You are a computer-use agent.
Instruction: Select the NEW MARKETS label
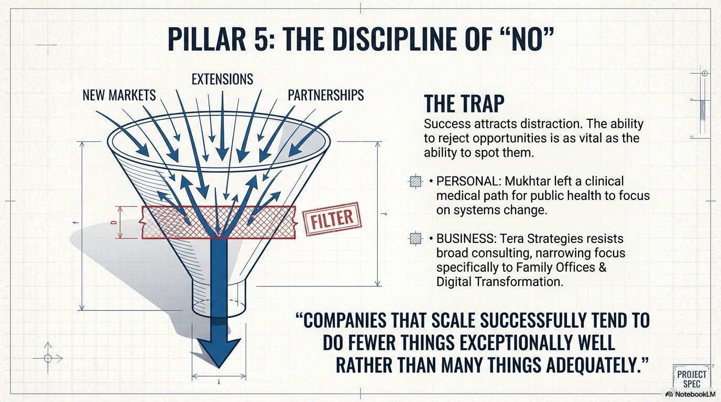coord(119,95)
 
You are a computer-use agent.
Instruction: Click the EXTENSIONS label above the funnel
coord(222,79)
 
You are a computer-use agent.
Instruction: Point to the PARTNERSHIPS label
coord(325,95)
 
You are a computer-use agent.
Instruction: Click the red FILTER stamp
coord(329,219)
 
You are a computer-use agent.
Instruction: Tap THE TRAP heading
coord(464,104)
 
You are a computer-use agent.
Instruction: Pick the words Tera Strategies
coord(549,239)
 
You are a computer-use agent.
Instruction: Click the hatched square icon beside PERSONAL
coord(415,182)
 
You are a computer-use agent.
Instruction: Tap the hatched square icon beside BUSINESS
coord(415,239)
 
